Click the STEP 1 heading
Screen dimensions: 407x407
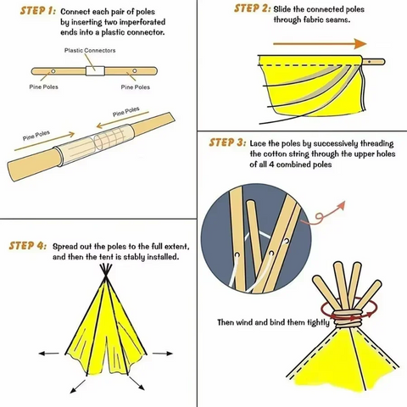pos(32,12)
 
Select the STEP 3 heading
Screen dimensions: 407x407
pos(227,142)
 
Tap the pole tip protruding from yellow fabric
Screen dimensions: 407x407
pos(375,60)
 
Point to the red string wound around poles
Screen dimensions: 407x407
pos(347,315)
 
